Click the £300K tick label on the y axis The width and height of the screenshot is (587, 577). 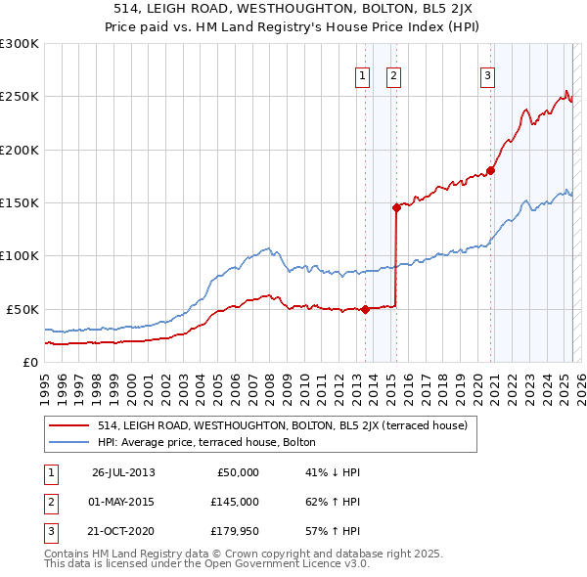(20, 44)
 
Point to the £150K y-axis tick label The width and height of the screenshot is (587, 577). (20, 202)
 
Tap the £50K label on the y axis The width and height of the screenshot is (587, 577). (23, 309)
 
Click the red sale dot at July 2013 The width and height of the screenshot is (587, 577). (365, 309)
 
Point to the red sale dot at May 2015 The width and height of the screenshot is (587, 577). (396, 207)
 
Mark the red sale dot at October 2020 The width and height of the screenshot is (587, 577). (490, 170)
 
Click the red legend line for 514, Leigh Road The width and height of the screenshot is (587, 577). (69, 425)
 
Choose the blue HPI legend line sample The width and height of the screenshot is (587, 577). (69, 442)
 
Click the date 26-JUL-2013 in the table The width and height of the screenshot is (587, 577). (123, 472)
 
